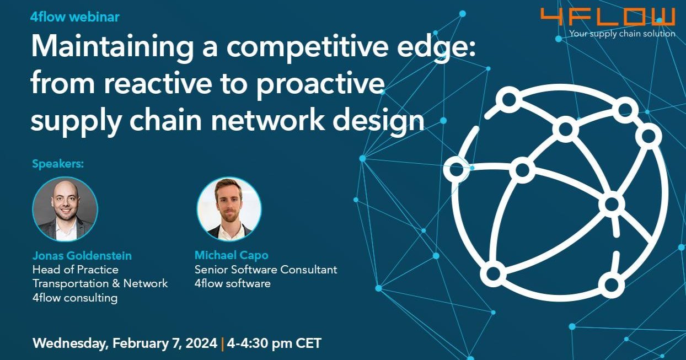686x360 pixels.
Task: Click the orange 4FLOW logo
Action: coord(607,17)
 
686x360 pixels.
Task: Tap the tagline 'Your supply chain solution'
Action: coord(622,34)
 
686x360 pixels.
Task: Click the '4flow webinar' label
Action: coord(75,17)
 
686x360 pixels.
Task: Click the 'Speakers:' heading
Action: coord(58,164)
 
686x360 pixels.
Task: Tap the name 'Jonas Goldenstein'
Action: coord(82,255)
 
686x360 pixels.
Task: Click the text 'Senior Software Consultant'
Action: coord(266,270)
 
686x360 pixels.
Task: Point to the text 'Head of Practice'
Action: coord(76,270)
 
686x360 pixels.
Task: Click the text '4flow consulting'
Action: coord(75,298)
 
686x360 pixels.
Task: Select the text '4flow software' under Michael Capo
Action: coord(232,284)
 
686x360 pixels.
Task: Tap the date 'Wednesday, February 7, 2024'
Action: coord(125,343)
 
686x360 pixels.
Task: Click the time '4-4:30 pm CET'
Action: coord(274,343)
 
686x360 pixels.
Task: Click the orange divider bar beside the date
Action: coord(222,343)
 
